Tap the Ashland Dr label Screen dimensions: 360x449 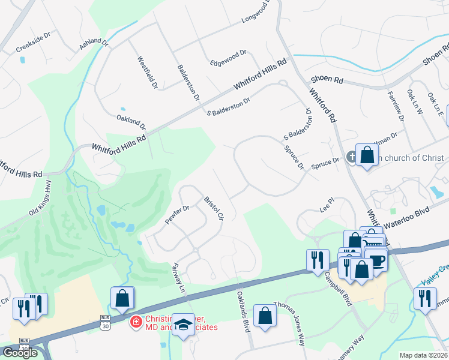tap(94, 44)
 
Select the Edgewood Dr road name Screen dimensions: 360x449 tap(229, 56)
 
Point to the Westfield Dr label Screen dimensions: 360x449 tap(147, 73)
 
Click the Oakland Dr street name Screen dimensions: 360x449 tap(131, 122)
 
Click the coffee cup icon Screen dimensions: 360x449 tap(376, 260)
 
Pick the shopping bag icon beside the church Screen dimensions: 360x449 tap(367, 155)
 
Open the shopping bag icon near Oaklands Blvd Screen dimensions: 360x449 tap(264, 316)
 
